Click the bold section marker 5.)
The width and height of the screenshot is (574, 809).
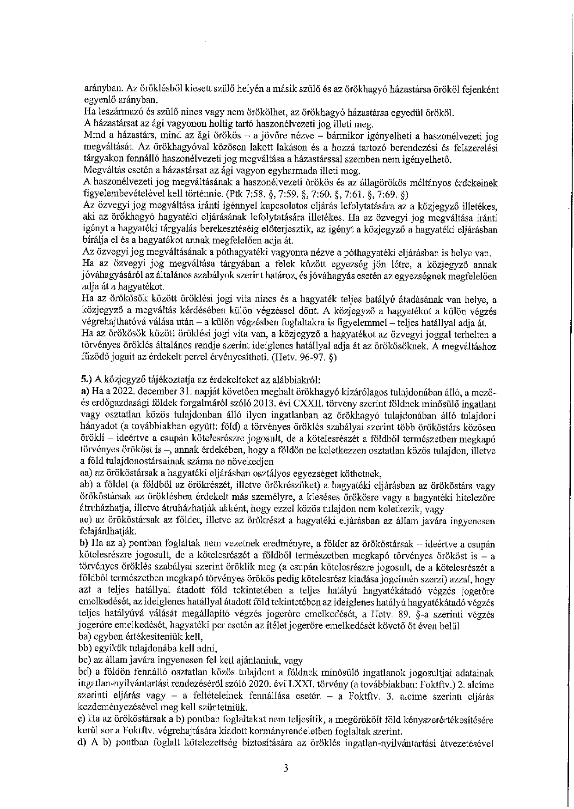tap(86, 379)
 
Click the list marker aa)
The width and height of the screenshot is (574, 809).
tap(86, 473)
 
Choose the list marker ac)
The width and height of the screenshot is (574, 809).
tap(86, 521)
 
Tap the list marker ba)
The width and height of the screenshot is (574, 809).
tap(86, 637)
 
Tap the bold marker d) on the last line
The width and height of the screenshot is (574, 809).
tap(84, 743)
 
